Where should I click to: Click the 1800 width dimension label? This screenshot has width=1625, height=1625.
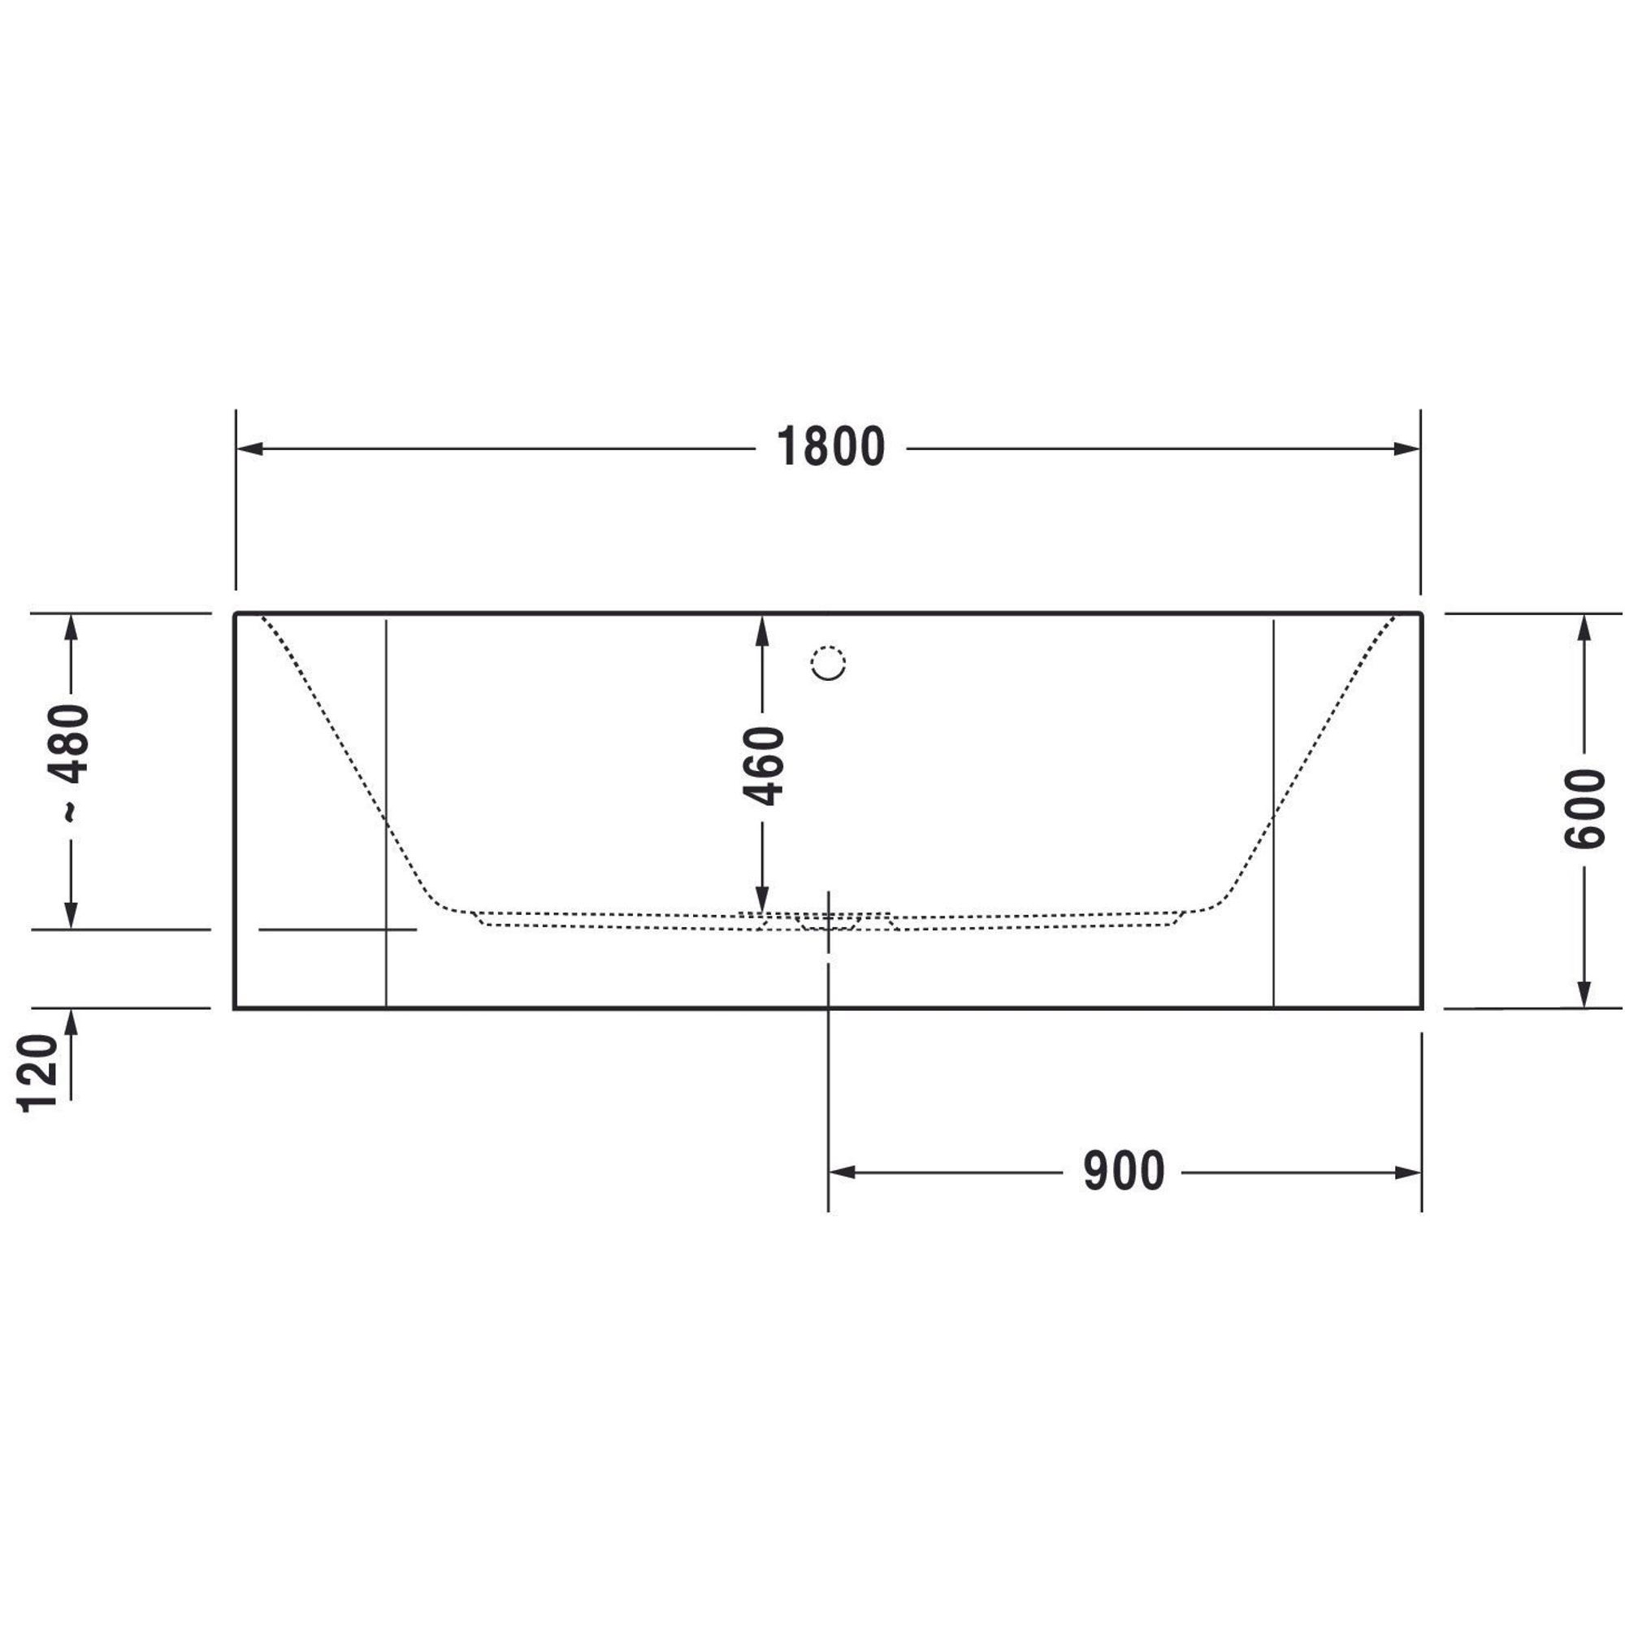point(830,447)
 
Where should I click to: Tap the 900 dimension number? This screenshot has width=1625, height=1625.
point(1124,1172)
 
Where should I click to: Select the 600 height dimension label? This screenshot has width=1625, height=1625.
point(1584,808)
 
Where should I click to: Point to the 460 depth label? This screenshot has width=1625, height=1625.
point(763,765)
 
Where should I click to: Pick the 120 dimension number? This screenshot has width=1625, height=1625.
point(39,1074)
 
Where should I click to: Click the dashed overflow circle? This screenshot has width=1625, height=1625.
point(828,663)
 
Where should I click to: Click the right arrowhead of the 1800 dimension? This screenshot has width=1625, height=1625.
point(1407,448)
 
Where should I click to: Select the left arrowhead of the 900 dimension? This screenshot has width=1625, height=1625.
point(843,1172)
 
